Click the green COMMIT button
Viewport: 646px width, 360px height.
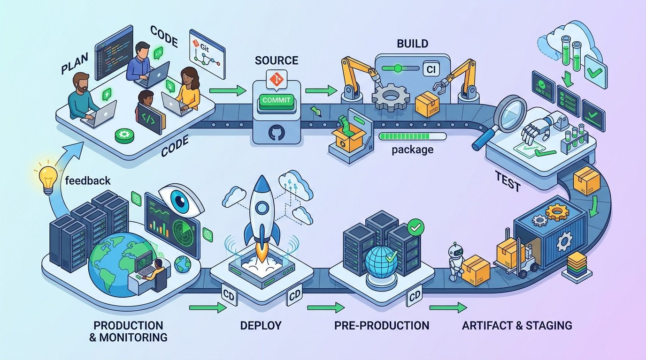277,100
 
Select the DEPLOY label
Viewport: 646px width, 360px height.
261,325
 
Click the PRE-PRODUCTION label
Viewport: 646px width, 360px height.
382,325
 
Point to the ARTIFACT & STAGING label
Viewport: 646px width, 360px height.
517,325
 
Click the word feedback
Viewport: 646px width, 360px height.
88,180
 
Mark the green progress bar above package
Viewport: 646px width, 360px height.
412,136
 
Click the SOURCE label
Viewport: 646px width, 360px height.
277,60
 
